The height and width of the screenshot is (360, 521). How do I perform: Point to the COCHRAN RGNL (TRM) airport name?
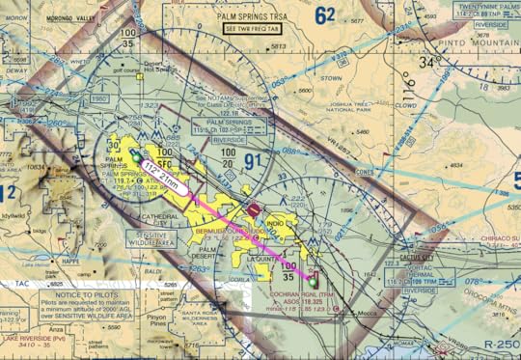click(x=303, y=291)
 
